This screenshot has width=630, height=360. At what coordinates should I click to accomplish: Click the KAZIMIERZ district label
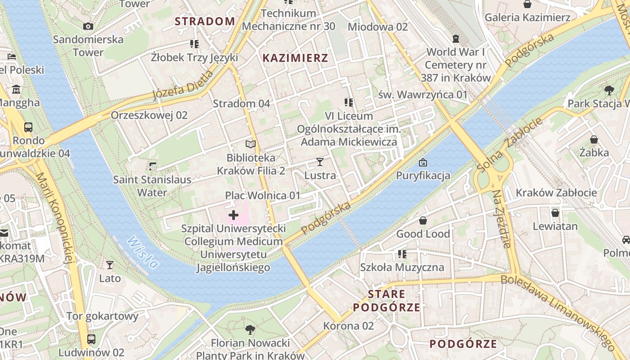(295, 58)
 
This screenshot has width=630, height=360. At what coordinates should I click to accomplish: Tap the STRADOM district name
(205, 21)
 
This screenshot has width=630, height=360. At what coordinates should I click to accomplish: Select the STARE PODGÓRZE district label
(387, 301)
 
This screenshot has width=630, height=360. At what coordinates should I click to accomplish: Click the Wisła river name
(143, 252)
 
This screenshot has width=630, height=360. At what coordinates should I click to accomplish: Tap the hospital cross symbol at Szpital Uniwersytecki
(233, 215)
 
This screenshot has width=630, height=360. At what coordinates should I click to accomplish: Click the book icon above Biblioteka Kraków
(250, 144)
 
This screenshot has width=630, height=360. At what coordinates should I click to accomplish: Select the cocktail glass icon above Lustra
(320, 162)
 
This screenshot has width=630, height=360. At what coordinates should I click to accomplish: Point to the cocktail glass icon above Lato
(109, 265)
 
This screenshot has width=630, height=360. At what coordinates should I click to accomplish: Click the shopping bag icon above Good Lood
(423, 220)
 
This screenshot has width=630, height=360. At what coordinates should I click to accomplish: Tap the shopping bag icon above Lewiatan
(555, 212)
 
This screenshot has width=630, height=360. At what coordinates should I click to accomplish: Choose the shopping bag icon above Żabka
(594, 139)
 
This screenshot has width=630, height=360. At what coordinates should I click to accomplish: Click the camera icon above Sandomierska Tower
(88, 26)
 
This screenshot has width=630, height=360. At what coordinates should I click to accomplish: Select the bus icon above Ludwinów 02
(91, 339)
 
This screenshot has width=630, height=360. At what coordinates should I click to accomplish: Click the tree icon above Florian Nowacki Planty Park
(250, 330)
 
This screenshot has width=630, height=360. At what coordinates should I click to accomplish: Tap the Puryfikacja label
(423, 175)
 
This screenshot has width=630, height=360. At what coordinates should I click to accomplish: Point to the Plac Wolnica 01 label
(262, 196)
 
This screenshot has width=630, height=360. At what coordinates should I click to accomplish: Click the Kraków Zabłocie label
(556, 193)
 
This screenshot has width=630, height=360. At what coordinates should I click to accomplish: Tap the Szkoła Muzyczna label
(402, 267)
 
